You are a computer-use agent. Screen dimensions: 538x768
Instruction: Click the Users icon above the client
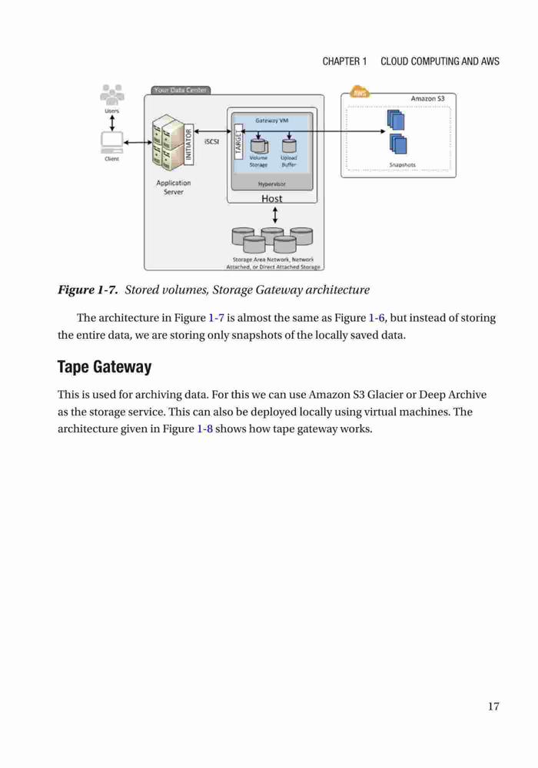(111, 94)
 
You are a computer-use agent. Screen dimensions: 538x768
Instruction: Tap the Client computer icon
(111, 143)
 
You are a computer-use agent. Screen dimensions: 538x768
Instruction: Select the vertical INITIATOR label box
(188, 144)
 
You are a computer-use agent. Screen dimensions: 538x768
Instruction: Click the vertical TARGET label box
(238, 141)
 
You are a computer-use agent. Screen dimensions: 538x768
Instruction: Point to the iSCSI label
(211, 141)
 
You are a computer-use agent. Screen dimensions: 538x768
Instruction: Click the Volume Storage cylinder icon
(259, 145)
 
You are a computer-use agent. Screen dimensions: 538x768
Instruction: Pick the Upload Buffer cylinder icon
(289, 145)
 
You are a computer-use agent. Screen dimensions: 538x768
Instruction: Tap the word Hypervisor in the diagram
(272, 184)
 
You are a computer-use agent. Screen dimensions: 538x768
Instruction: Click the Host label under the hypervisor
(271, 198)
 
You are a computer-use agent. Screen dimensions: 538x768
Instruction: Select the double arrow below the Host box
(275, 214)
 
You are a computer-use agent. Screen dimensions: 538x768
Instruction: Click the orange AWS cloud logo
(360, 92)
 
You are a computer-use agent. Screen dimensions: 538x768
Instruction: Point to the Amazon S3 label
(428, 98)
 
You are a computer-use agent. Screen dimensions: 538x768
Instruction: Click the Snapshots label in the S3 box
(402, 165)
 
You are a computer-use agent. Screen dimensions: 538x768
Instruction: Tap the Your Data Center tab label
(181, 90)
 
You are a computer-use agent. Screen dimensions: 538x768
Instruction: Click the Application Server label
(174, 187)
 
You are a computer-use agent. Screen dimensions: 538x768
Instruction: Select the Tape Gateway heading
(105, 366)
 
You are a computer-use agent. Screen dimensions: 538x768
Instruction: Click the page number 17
(493, 706)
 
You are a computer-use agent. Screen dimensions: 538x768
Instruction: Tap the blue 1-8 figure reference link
(204, 429)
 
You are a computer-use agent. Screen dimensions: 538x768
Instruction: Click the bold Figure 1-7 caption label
(88, 290)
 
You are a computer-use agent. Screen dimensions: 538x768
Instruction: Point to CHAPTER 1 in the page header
(344, 61)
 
